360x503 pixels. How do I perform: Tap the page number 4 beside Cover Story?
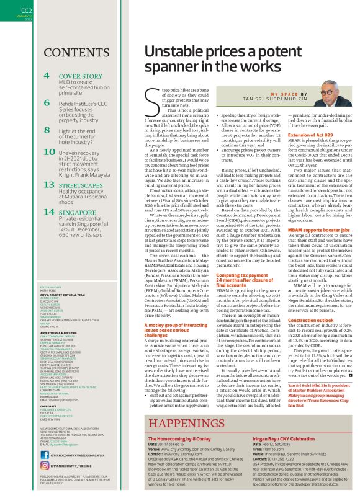pyautogui.click(x=47, y=76)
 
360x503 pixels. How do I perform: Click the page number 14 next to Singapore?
pyautogui.click(x=49, y=211)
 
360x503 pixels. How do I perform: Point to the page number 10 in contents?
pyautogui.click(x=49, y=151)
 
